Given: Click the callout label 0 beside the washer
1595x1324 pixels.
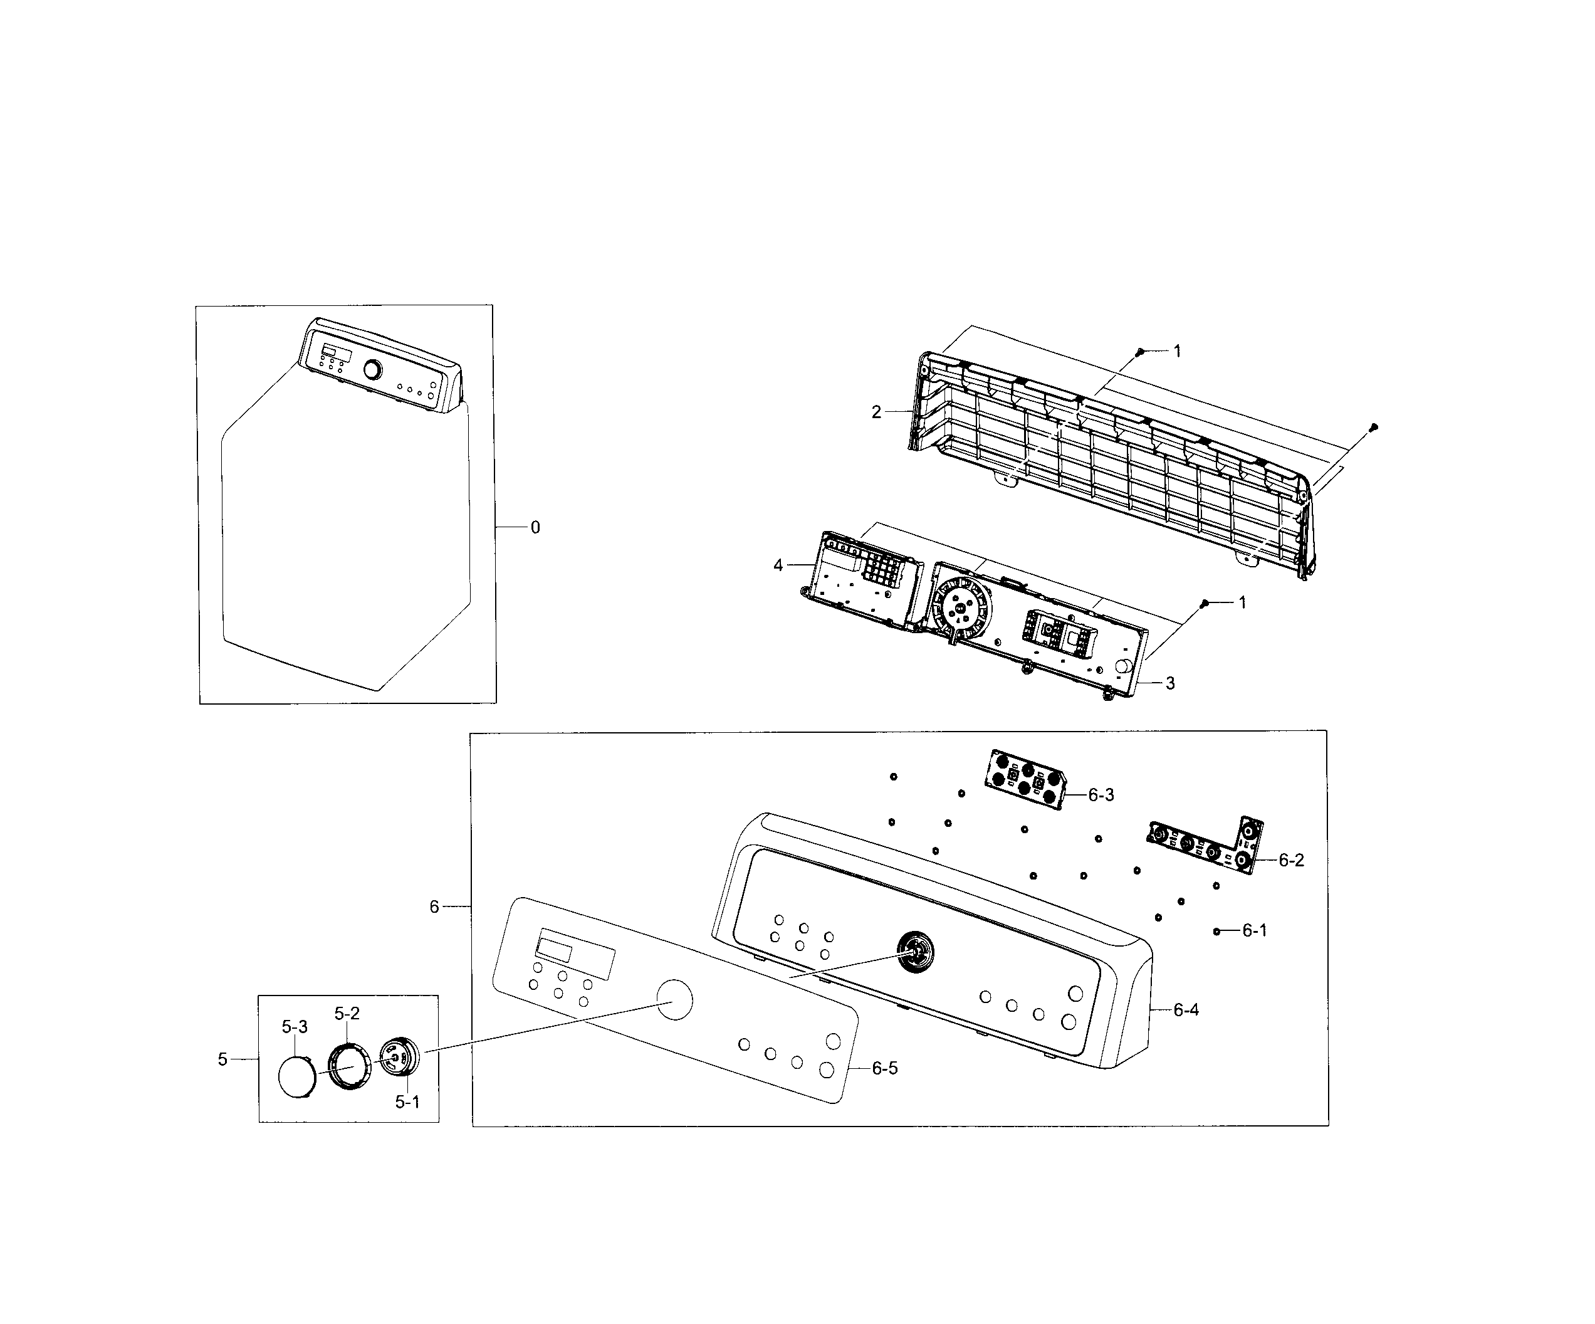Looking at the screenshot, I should (535, 527).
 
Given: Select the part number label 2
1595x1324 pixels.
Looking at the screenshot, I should (877, 412).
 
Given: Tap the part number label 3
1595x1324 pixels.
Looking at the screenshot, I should (1171, 683).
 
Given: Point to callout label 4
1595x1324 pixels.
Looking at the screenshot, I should (778, 565).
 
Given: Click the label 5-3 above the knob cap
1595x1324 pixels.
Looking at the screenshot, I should (295, 1027).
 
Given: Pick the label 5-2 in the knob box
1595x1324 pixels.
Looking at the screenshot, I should (347, 1013).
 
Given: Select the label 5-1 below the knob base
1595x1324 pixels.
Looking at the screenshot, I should (407, 1102).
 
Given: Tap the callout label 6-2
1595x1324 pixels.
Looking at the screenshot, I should (1291, 860).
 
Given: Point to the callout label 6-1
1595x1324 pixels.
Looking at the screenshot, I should (1255, 930).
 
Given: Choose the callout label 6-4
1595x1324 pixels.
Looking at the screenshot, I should (1186, 1009).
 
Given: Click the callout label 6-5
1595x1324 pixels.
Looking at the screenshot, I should (885, 1068).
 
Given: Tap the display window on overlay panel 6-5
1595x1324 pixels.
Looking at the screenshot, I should (555, 948).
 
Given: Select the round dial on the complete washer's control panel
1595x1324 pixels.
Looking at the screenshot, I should (372, 370).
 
